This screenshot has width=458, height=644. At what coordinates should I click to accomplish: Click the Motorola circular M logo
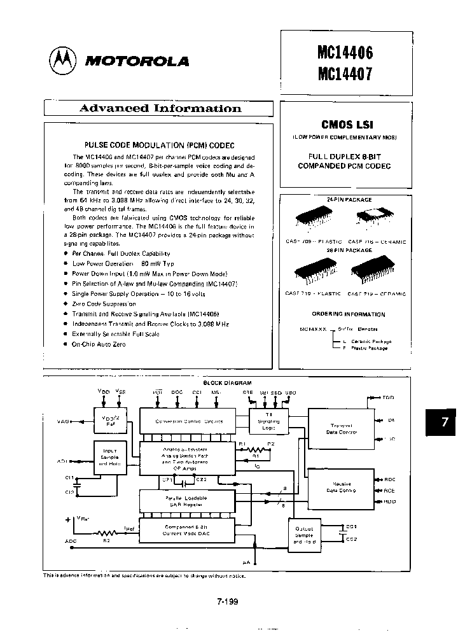pyautogui.click(x=62, y=60)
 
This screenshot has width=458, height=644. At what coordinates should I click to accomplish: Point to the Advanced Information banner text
pyautogui.click(x=160, y=108)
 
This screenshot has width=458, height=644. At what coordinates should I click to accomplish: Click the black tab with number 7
pyautogui.click(x=444, y=422)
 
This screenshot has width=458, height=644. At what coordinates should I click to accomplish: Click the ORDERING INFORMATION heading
pyautogui.click(x=348, y=314)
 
